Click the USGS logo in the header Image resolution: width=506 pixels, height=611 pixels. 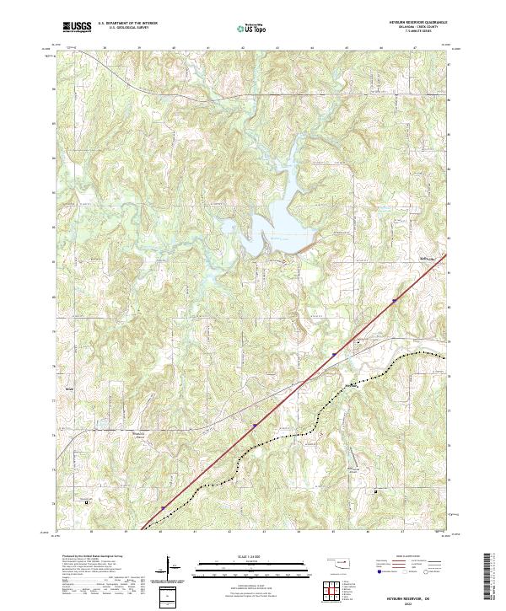(78, 28)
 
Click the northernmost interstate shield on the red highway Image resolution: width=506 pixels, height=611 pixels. (394, 299)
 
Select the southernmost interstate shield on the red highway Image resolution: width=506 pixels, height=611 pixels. (163, 507)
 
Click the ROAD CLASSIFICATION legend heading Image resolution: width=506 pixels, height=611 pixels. (406, 556)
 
